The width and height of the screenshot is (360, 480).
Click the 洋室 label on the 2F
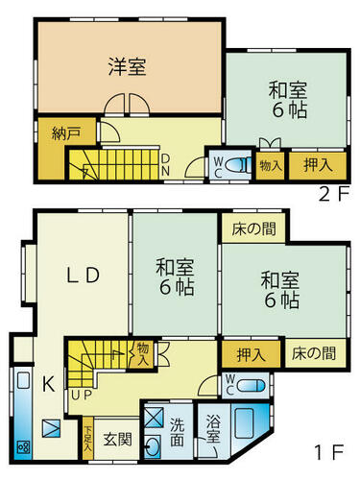(127, 66)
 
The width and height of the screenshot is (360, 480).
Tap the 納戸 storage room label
(66, 133)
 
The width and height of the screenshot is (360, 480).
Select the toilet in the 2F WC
(237, 166)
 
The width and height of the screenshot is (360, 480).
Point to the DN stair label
(165, 165)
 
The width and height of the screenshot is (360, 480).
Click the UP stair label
(82, 396)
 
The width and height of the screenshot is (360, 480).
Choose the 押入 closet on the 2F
(318, 166)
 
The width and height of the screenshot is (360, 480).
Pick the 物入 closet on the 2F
(271, 166)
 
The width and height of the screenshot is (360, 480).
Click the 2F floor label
(334, 194)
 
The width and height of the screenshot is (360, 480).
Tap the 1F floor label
(329, 452)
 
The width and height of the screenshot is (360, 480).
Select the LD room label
(83, 276)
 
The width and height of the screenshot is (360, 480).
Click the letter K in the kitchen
(49, 384)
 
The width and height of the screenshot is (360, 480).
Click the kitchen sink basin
(23, 380)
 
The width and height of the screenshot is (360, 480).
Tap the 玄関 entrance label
(118, 440)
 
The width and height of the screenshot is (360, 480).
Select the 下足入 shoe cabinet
(88, 439)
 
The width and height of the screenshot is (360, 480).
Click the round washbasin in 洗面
(152, 445)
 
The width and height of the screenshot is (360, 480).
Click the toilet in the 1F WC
(252, 385)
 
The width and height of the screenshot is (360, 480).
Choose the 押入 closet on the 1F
(252, 353)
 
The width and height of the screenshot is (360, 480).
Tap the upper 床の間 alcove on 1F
(253, 228)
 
